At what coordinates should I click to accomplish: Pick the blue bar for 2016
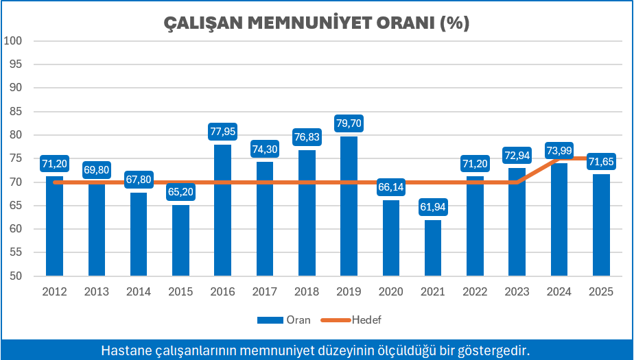point(222,213)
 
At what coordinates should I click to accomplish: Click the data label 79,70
point(349,124)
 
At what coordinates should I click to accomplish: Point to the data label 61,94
point(432,207)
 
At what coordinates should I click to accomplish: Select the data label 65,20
point(180,191)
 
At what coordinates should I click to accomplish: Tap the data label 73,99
point(559,150)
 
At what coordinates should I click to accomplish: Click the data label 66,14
point(390,187)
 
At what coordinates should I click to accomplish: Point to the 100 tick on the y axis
point(14,40)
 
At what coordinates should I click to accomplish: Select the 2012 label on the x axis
point(54,291)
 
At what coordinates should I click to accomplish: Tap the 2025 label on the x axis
point(600,291)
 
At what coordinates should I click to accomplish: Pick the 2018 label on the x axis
point(307,291)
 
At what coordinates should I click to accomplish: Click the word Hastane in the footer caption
point(124,350)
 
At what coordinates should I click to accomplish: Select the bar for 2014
point(139,237)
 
